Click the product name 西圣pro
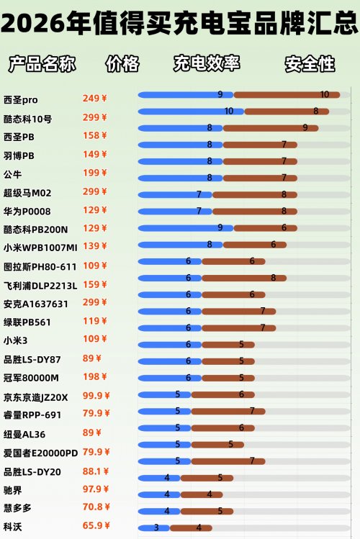pos(20,99)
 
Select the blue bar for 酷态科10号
pos(190,111)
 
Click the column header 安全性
pos(310,63)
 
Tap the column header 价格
pos(122,63)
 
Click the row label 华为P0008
pos(27,211)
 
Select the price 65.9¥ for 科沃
pos(94,526)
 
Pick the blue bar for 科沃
pos(153,527)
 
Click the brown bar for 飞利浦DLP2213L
pos(243,278)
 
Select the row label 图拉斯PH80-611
pos(40,266)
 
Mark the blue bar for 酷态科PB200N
pos(185,227)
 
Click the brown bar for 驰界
pos(201,494)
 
